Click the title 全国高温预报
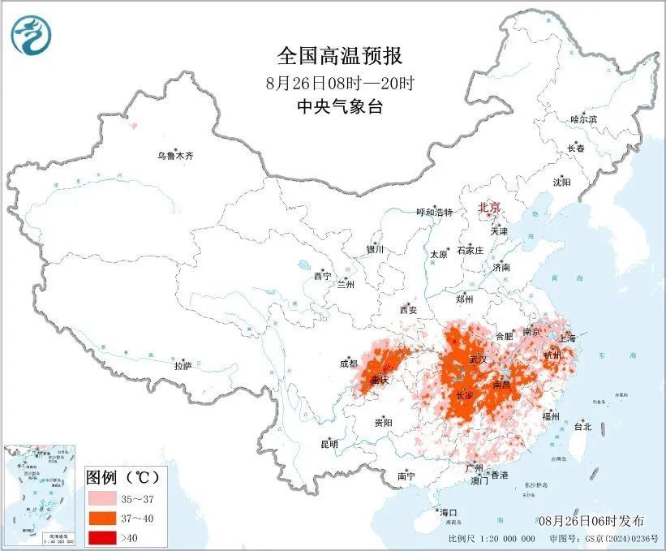click(340, 56)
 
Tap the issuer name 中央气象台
click(340, 105)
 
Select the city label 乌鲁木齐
click(176, 155)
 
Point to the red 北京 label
click(491, 207)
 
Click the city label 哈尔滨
click(582, 119)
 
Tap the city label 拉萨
click(183, 365)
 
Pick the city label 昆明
click(329, 444)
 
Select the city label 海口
click(448, 512)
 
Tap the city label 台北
click(582, 426)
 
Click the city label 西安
click(408, 309)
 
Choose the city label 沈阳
click(561, 183)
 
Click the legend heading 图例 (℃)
click(124, 476)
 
